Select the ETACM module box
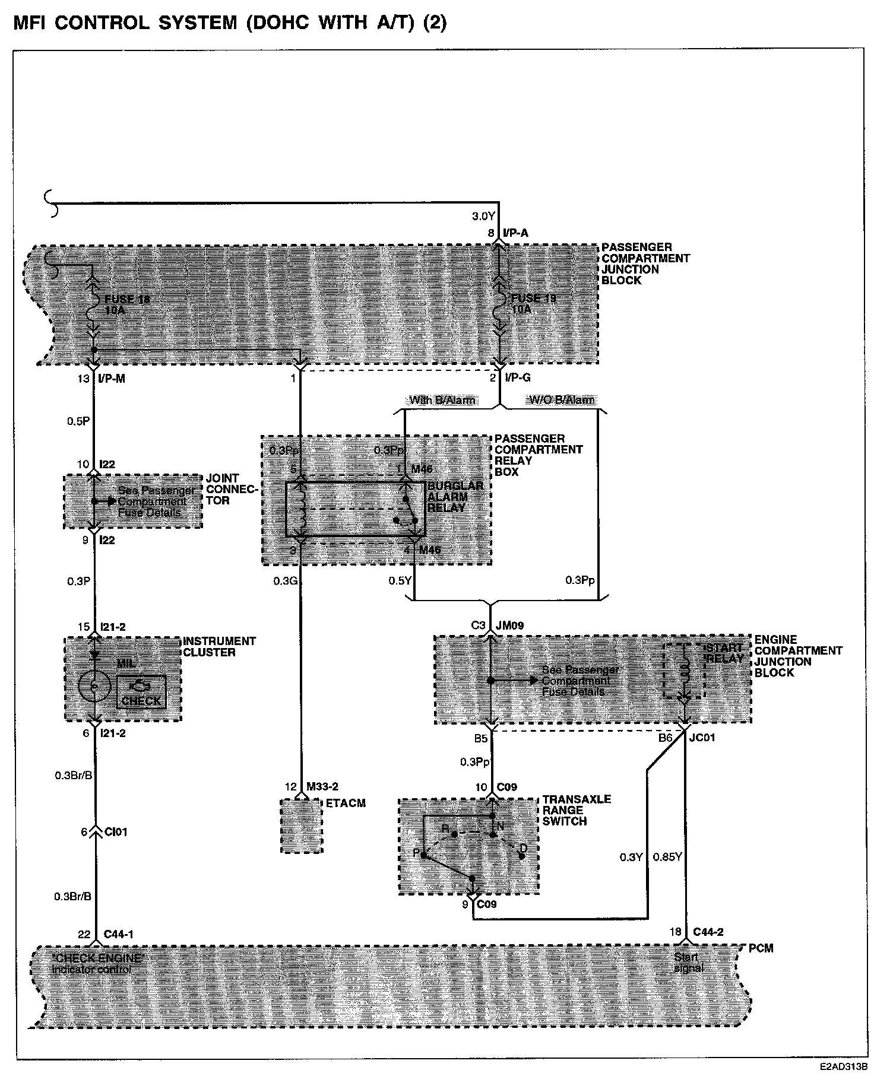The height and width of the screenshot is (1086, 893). tap(302, 825)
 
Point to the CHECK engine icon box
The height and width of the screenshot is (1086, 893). tap(141, 692)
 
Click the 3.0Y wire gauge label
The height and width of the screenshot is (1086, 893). tap(483, 215)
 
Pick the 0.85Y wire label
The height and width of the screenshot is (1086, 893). tap(667, 857)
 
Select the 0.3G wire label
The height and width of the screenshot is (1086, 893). tap(285, 581)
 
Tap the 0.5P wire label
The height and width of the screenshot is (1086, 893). tap(78, 421)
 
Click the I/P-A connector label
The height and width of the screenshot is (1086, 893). tap(515, 234)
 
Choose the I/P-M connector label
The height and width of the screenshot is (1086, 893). tap(112, 379)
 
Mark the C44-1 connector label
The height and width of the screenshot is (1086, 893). tap(119, 935)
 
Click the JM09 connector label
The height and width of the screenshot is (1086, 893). tap(509, 625)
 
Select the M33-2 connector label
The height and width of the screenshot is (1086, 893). tap(322, 787)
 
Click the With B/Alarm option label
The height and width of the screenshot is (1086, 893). tap(442, 400)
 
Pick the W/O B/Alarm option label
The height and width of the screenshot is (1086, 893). tap(561, 400)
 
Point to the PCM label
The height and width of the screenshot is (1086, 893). tap(761, 948)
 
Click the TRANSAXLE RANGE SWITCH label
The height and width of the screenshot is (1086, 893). tap(576, 810)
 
